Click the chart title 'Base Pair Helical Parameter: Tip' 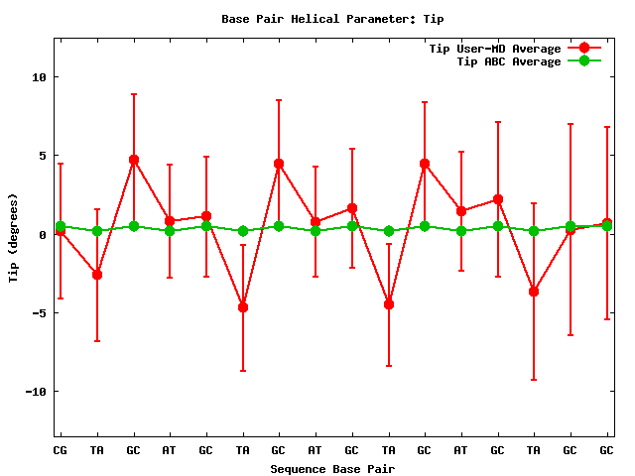coord(317,18)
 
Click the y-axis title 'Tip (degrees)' coord(14,235)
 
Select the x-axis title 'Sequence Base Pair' coord(332,468)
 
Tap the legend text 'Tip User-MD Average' coord(494,49)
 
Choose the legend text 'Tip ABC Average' coord(509,61)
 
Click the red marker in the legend coord(583,49)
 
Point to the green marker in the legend coord(583,61)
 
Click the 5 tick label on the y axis coord(41,156)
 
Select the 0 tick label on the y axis coord(41,235)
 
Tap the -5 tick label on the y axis coord(37,313)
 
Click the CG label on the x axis coord(61,451)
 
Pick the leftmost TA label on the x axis coord(97,451)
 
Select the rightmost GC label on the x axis coord(606,451)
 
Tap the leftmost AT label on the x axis coord(170,451)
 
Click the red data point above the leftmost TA coord(97,274)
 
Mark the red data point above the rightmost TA coord(534,292)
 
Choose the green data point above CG coord(61,226)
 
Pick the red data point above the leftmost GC coord(133,160)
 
